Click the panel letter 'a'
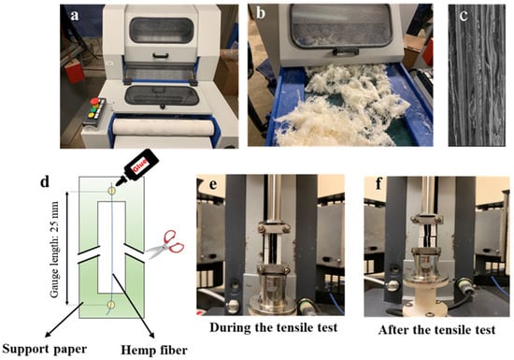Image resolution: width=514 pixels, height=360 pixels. click(75, 15)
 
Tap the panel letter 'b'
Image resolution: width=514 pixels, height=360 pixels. click(261, 13)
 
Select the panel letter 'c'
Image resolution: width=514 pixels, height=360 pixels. click(464, 16)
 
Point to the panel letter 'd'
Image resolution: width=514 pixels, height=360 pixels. click(45, 181)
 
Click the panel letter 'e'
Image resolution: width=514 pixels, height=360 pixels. click(213, 184)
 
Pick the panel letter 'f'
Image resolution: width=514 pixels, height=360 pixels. click(379, 184)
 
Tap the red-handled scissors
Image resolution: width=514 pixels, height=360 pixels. click(164, 245)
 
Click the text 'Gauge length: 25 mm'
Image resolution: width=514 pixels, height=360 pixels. click(54, 249)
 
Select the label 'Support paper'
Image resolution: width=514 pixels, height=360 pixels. click(45, 349)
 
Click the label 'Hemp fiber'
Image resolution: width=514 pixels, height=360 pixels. click(154, 350)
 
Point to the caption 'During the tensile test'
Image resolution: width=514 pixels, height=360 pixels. click(274, 327)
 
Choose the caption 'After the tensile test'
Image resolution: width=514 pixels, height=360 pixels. click(436, 329)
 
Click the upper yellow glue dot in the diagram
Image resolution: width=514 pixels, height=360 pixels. click(112, 191)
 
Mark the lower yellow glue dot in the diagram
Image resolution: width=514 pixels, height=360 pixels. click(111, 305)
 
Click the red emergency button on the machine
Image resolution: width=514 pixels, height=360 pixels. click(94, 101)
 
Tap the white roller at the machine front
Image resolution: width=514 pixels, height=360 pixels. click(163, 128)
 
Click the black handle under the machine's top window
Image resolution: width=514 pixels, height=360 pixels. click(161, 56)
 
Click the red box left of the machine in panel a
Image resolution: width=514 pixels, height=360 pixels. click(74, 70)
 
